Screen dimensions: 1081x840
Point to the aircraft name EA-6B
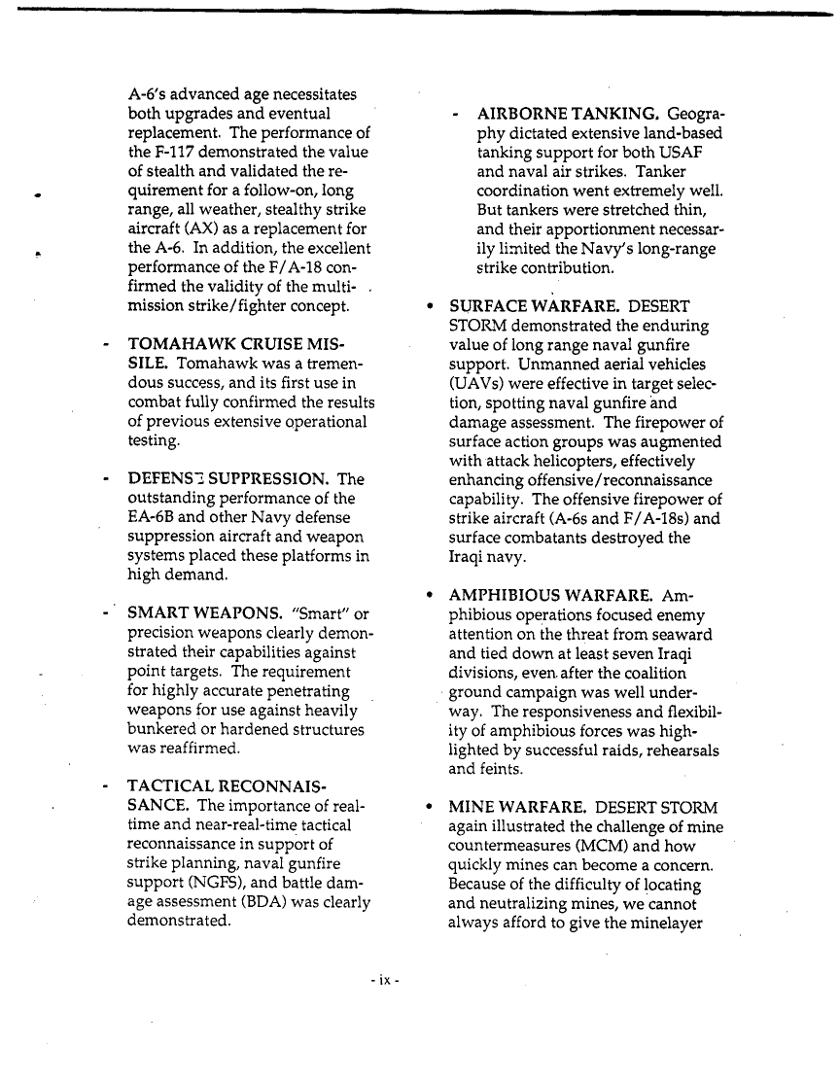tap(154, 518)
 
